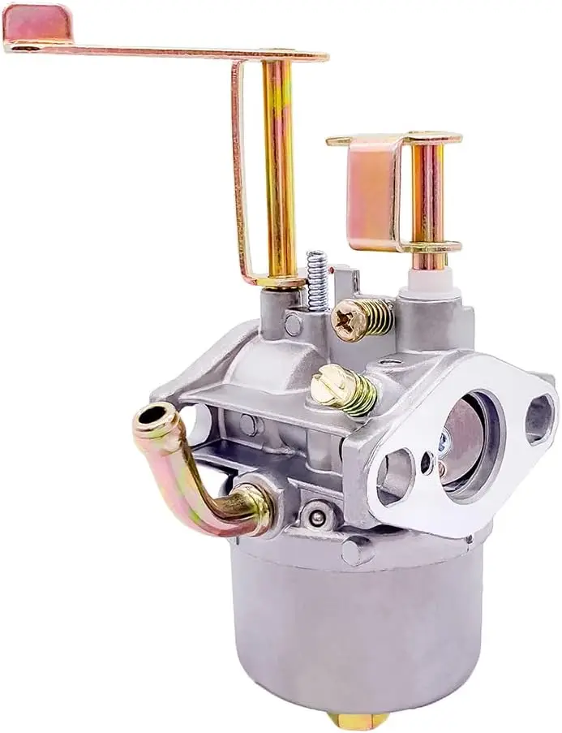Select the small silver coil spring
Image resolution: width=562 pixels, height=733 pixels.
318,280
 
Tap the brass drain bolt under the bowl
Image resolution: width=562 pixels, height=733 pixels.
358,720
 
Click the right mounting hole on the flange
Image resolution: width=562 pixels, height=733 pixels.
538,417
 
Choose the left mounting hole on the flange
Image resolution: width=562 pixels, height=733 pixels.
395,476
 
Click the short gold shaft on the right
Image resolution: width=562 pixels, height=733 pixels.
427,199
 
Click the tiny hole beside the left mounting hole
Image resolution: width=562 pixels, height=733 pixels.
426,463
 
